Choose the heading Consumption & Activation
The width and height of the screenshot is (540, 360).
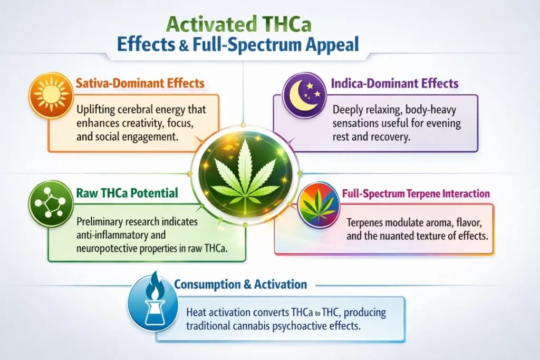[240, 285]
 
